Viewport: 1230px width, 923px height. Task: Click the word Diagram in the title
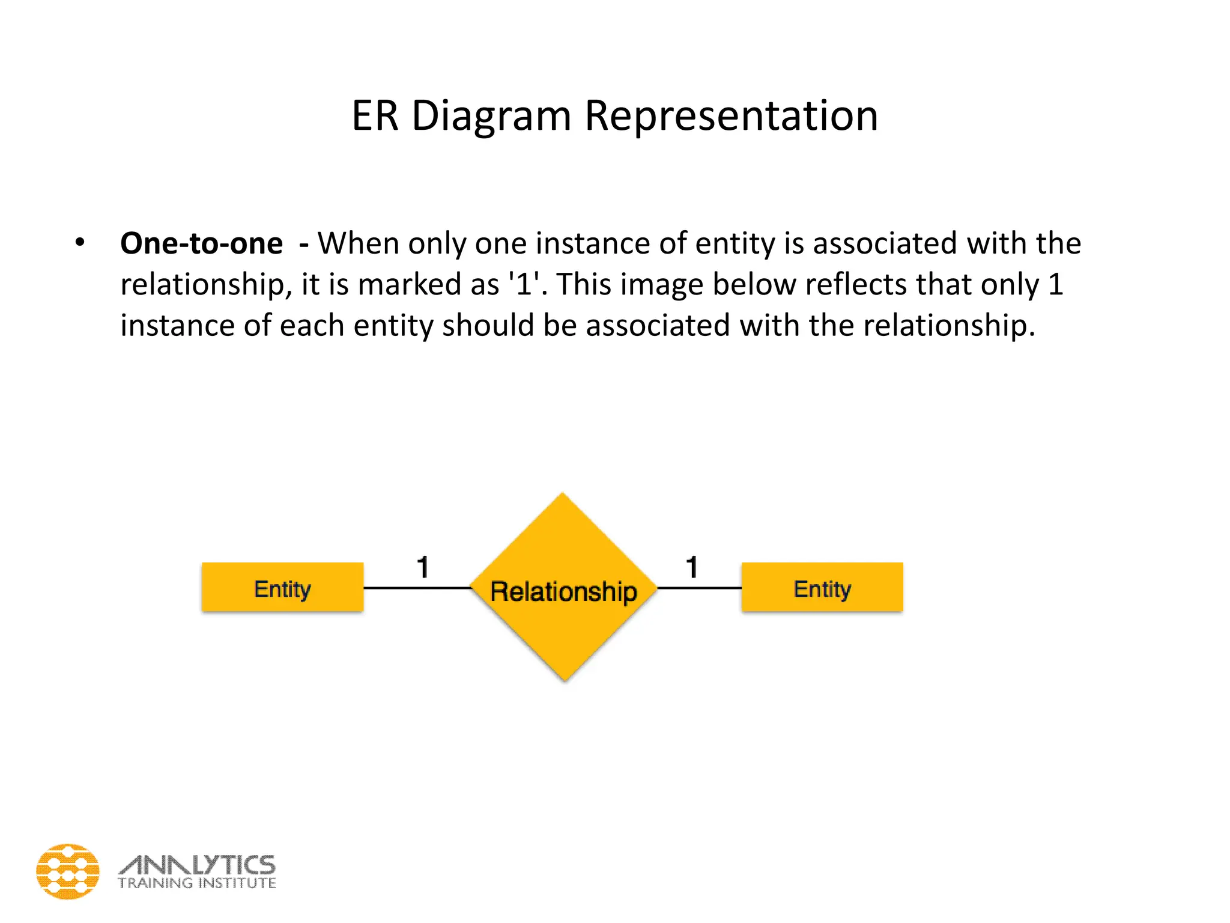tap(491, 116)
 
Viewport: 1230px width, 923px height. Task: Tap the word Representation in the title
tap(731, 116)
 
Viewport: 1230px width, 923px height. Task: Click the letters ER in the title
tap(375, 116)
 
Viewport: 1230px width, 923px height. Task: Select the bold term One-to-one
tap(201, 244)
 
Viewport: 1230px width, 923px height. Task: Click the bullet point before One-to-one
tap(80, 243)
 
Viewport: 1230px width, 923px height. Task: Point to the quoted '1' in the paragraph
tap(525, 284)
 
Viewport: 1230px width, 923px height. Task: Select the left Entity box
tap(282, 588)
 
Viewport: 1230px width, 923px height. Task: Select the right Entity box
tap(822, 588)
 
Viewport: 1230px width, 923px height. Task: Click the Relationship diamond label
tap(563, 591)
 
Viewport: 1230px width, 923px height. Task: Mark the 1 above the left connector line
tap(423, 567)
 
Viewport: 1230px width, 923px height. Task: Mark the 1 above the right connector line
tap(692, 567)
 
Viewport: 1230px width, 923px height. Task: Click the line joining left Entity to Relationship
tap(417, 588)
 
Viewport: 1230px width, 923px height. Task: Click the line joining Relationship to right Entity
tap(700, 588)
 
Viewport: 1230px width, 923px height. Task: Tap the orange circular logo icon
tap(68, 871)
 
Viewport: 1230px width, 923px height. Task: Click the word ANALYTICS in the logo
tap(197, 865)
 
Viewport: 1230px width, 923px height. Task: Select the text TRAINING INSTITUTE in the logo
tap(197, 883)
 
